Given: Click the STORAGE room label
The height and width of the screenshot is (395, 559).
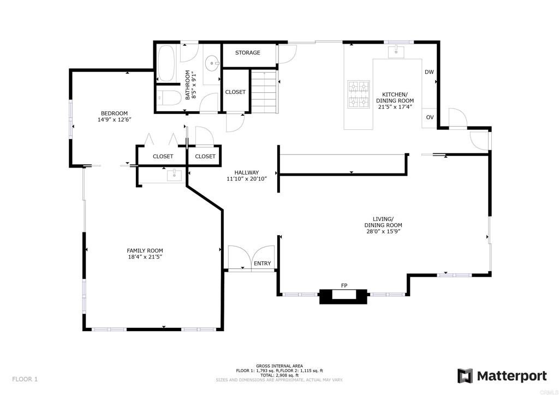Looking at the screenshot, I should coord(247,53).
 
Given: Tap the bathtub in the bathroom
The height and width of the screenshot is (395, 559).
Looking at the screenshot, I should coord(166,63).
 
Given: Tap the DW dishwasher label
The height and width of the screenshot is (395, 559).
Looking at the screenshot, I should coord(429,72).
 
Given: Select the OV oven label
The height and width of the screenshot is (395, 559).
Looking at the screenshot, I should coord(430,117).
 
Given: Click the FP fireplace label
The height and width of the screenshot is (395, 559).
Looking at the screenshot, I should coord(344,286).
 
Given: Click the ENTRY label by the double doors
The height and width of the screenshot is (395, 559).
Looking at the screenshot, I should coord(262,264).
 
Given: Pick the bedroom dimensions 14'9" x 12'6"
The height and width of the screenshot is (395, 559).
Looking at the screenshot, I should coord(114,119).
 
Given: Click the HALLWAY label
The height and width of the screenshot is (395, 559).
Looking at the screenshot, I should coord(247,172).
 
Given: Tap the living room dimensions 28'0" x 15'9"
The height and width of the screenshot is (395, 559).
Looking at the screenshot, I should coord(383,231).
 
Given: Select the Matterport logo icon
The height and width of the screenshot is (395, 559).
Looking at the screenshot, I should coord(465,376).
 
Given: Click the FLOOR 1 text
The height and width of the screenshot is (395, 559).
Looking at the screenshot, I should coord(25,379).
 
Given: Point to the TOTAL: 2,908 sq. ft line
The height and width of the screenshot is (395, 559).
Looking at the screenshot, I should coord(279,375).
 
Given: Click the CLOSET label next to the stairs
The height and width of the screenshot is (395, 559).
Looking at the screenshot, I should coord(235,92).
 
